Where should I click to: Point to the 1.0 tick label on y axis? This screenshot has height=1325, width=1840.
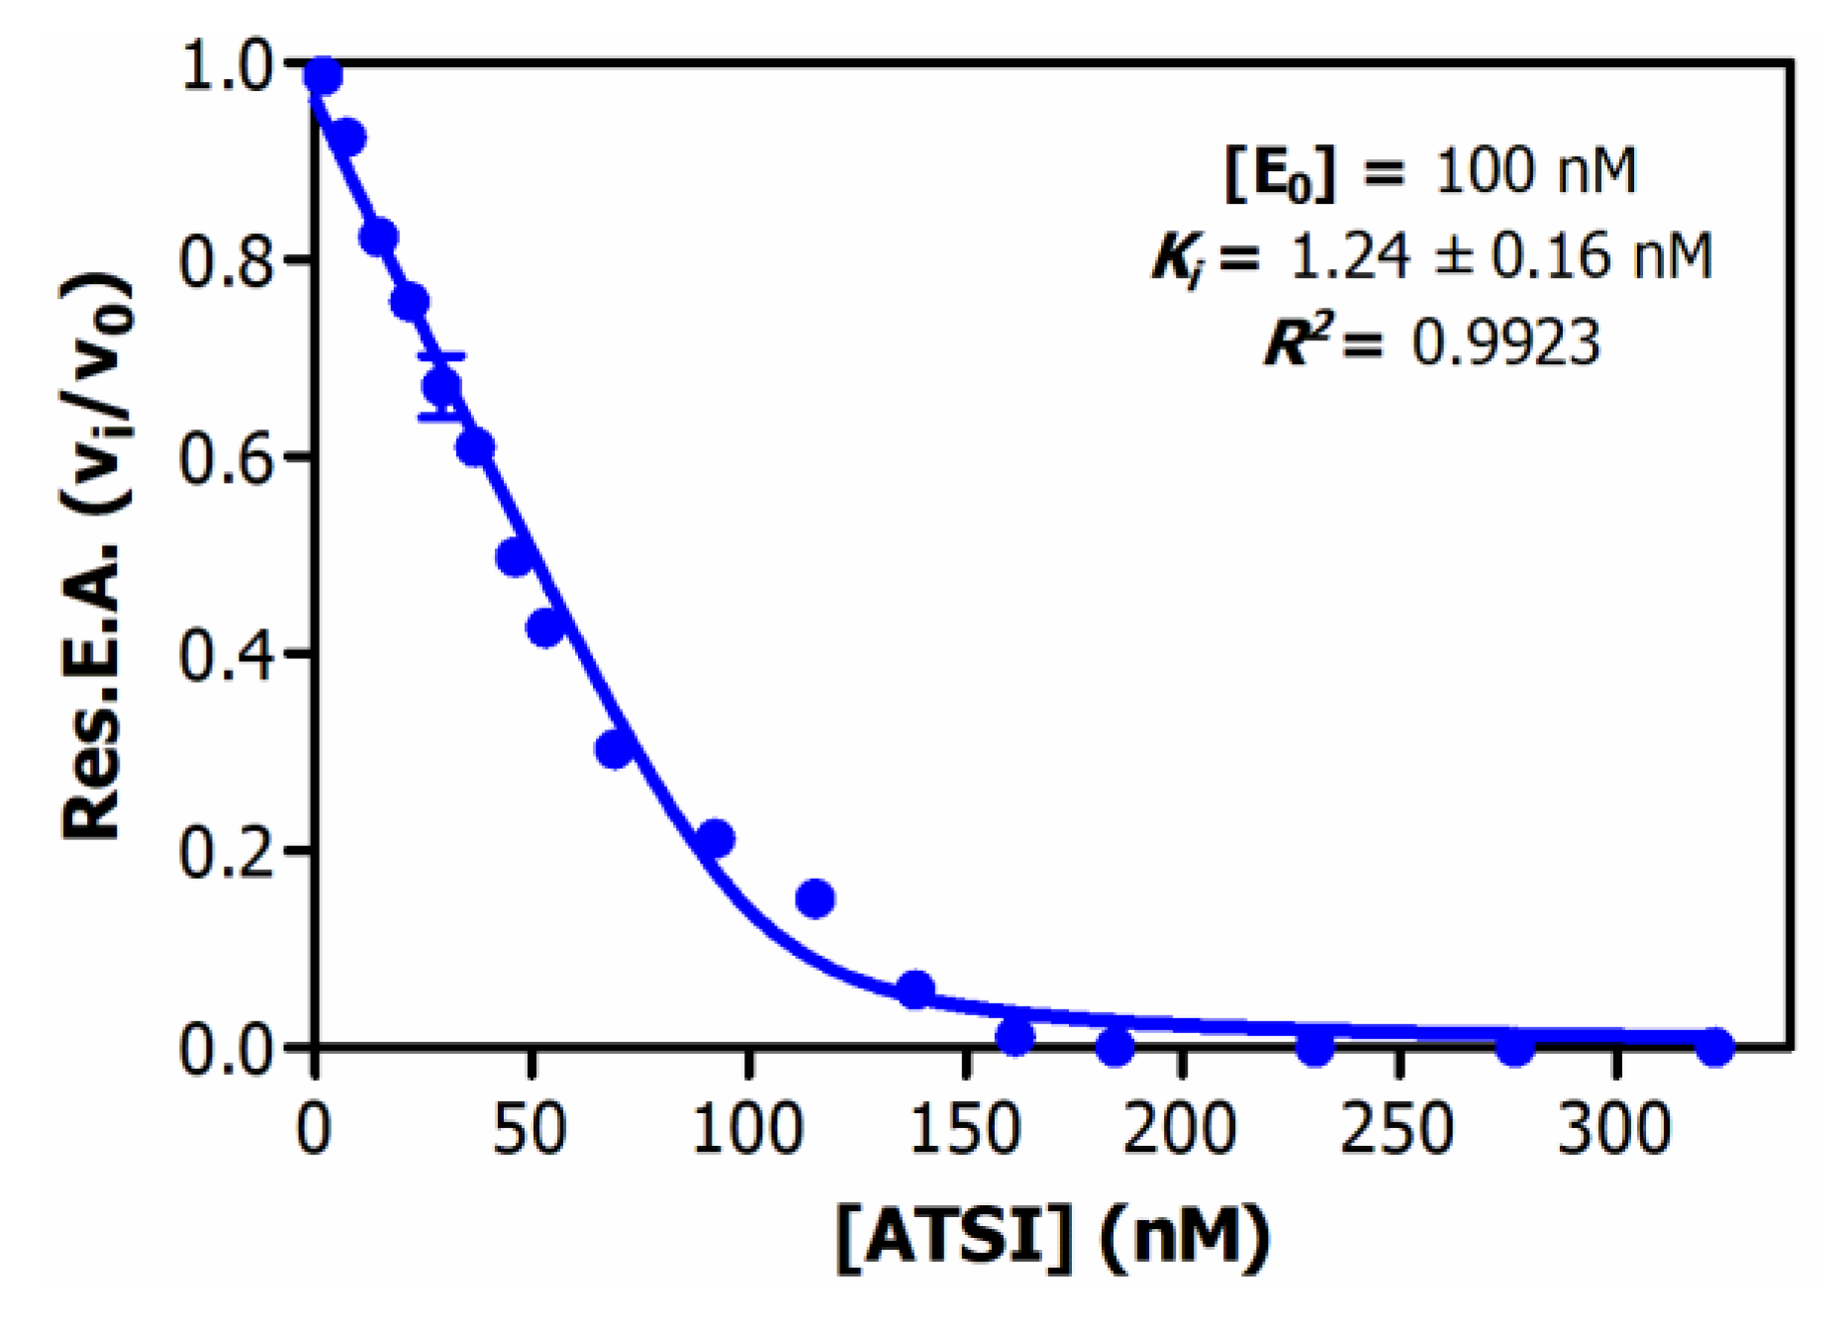coord(227,69)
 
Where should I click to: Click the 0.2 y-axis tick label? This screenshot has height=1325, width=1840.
coord(227,851)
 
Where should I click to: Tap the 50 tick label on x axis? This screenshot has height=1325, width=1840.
coord(531,1129)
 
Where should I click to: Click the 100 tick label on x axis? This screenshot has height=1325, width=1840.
coord(747,1129)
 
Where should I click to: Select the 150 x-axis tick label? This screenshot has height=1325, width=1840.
coord(964,1129)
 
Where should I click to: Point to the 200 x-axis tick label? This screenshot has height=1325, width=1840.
coord(1181,1129)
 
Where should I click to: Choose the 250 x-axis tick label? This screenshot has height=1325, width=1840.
coord(1398,1129)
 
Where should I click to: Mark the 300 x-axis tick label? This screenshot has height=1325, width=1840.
coord(1614,1129)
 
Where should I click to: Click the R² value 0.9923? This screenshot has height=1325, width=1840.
coord(1504,344)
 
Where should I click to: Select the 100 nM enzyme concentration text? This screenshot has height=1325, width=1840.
coord(1535,171)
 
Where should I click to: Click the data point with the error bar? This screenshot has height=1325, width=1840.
coord(441,386)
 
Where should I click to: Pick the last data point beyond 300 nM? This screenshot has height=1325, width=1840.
coord(1715,1046)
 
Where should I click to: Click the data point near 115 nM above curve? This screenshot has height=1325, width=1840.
coord(815,899)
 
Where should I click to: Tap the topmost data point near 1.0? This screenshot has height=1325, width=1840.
coord(323,75)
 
